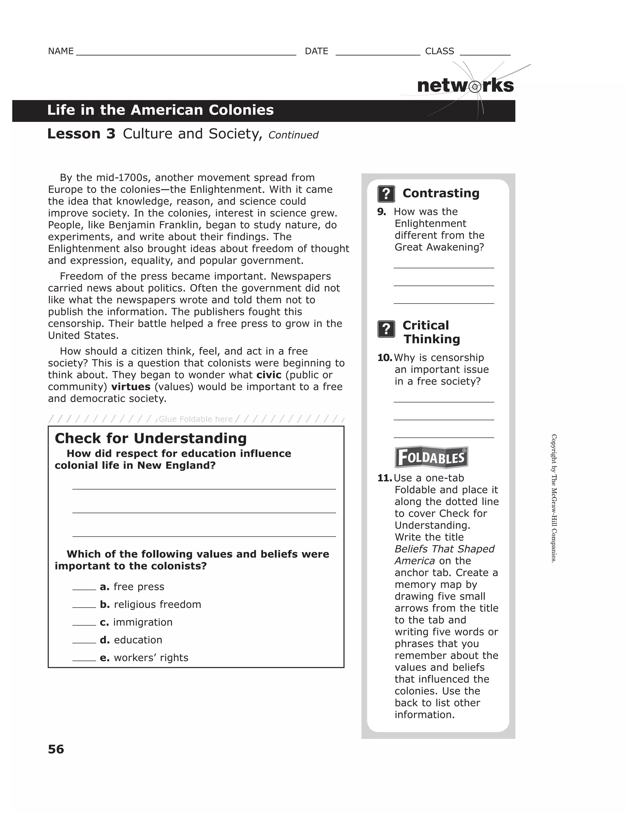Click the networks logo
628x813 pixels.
pyautogui.click(x=465, y=86)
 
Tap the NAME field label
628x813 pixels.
pyautogui.click(x=61, y=51)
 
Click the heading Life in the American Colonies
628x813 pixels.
pyautogui.click(x=160, y=110)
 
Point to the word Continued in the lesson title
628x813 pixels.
pyautogui.click(x=293, y=135)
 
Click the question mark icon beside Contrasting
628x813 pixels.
pyautogui.click(x=386, y=194)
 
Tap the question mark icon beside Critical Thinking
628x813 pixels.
pyautogui.click(x=386, y=329)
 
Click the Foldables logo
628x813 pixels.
pyautogui.click(x=431, y=457)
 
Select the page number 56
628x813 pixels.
pyautogui.click(x=56, y=749)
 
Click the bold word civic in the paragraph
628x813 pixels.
pyautogui.click(x=269, y=375)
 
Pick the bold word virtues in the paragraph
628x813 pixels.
pyautogui.click(x=131, y=387)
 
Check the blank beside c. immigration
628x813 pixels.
pyautogui.click(x=84, y=623)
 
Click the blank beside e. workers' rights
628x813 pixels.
pyautogui.click(x=84, y=658)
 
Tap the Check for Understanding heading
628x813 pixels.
pyautogui.click(x=151, y=438)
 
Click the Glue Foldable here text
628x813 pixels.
pyautogui.click(x=195, y=419)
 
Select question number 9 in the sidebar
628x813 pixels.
pyautogui.click(x=381, y=212)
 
